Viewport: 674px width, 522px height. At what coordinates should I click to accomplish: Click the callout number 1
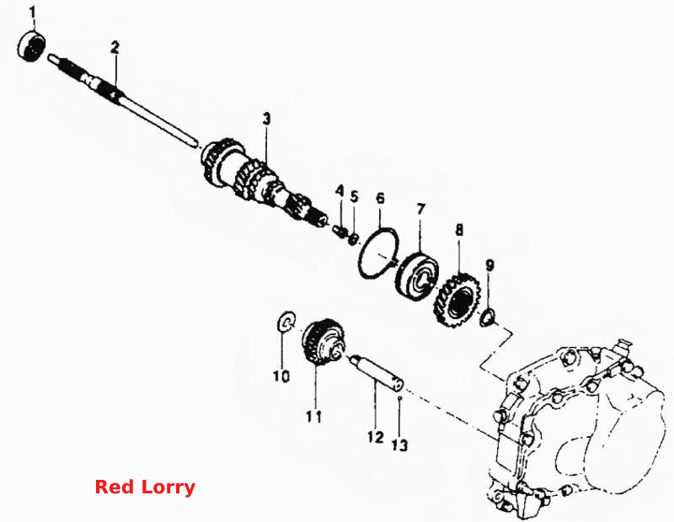coord(33,13)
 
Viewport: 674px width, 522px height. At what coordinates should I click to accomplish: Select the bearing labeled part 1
coord(32,45)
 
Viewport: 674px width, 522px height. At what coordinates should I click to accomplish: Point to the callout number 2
coord(115,48)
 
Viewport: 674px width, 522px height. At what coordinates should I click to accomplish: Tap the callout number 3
coord(267,119)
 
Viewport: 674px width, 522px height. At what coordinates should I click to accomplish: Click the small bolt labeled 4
coord(340,232)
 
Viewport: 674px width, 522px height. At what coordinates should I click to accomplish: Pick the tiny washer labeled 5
coord(353,238)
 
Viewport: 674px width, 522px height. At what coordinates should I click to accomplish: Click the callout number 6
coord(380,198)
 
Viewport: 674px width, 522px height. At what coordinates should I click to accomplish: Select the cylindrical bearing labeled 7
coord(417,275)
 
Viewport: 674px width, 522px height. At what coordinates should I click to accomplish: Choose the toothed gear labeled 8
coord(457,299)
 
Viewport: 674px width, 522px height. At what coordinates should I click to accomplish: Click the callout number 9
coord(489,265)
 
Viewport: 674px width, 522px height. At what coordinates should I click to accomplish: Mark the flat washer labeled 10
coord(286,322)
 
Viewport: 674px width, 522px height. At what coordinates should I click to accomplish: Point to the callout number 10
coord(281,376)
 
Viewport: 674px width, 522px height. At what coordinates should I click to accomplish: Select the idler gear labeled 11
coord(324,343)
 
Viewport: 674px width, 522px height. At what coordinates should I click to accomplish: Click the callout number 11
coord(313,416)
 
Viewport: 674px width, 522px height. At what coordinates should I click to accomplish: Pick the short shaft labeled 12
coord(377,372)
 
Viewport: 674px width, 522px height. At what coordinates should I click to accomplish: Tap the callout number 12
coord(375,437)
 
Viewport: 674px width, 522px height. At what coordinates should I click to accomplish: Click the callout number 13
coord(399,445)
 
